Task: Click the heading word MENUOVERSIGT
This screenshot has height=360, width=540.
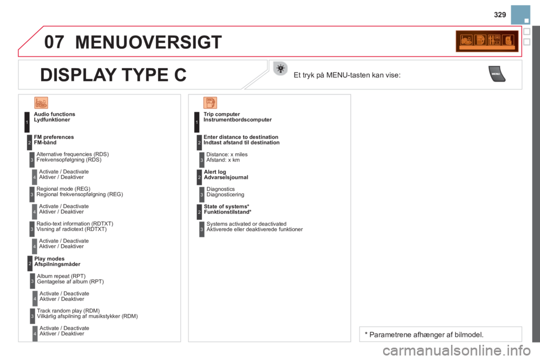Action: [x=148, y=42]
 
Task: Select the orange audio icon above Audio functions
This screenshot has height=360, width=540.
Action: [x=41, y=102]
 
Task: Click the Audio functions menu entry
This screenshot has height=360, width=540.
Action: [x=55, y=116]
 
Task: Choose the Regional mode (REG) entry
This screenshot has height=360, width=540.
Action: [x=79, y=191]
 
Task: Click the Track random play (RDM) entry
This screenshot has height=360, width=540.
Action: [x=87, y=313]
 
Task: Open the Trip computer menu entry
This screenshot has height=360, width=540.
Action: [x=236, y=116]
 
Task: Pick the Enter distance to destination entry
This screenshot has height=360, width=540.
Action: [x=241, y=139]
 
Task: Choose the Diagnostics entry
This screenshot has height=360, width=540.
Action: [x=224, y=193]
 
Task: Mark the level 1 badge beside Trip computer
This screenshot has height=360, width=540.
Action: [x=196, y=121]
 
